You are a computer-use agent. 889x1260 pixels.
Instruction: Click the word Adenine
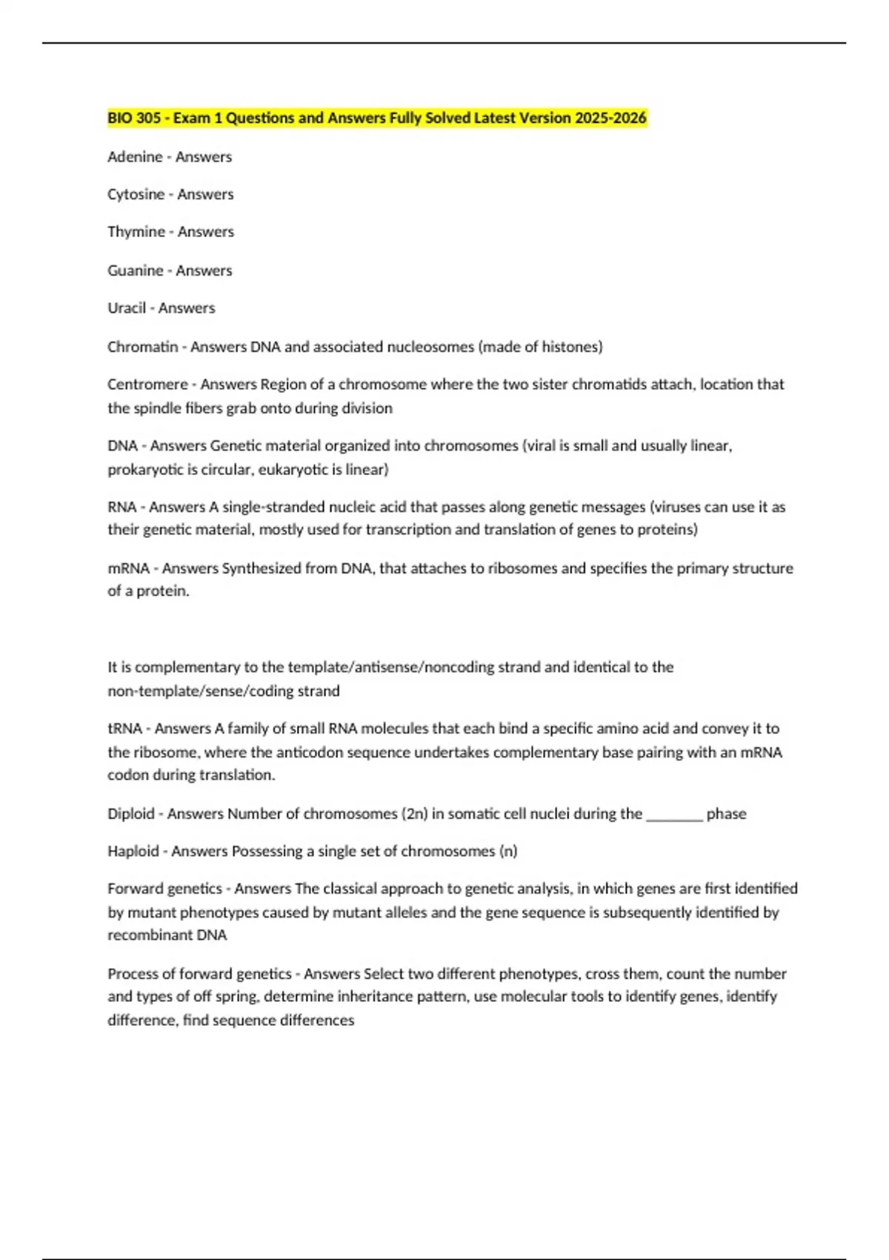coord(135,157)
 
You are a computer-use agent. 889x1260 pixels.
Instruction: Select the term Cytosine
coord(136,194)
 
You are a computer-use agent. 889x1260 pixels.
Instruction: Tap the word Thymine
coord(136,232)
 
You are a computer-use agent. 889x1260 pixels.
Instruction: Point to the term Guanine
coord(136,271)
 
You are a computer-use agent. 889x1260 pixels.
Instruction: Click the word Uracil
coord(127,308)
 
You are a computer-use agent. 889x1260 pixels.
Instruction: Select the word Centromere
coord(147,385)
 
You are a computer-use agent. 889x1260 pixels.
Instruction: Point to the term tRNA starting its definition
coord(124,729)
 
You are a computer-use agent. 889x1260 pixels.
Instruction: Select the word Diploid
coord(131,814)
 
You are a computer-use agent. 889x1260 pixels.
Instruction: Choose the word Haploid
coord(133,852)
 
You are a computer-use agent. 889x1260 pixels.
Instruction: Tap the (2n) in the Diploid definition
coord(415,814)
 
